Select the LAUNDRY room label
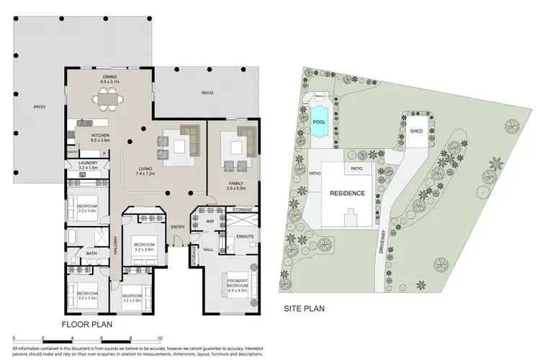[x=87, y=165]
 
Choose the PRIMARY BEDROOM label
[x=238, y=284]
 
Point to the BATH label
[x=91, y=253]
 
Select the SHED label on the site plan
[x=416, y=132]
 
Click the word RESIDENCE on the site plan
[x=348, y=193]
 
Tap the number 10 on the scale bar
[x=159, y=337]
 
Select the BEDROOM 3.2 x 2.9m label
[x=131, y=297]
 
